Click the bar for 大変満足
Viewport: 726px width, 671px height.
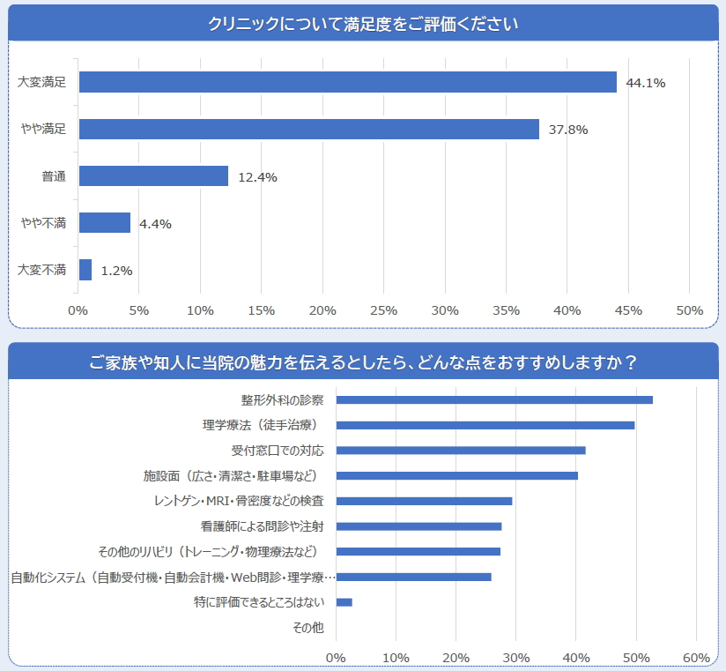347,82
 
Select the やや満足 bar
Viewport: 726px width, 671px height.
308,129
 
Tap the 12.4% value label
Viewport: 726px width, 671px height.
257,177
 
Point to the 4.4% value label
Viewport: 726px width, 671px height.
155,224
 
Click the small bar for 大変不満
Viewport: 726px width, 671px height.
85,270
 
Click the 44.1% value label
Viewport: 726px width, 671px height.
645,83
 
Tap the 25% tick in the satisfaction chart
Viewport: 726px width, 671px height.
384,310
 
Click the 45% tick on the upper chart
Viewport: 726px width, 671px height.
628,310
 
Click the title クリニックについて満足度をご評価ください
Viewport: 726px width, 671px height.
363,24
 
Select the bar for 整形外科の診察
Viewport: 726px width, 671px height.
494,399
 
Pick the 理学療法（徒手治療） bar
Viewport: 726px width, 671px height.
485,425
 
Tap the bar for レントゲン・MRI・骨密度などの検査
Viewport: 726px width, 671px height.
424,501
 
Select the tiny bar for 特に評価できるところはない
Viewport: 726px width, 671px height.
344,602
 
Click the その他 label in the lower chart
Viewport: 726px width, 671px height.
307,628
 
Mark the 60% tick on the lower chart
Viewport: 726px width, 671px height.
696,658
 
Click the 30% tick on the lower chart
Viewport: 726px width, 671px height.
516,658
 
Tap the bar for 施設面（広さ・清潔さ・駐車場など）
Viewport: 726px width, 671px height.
457,476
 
